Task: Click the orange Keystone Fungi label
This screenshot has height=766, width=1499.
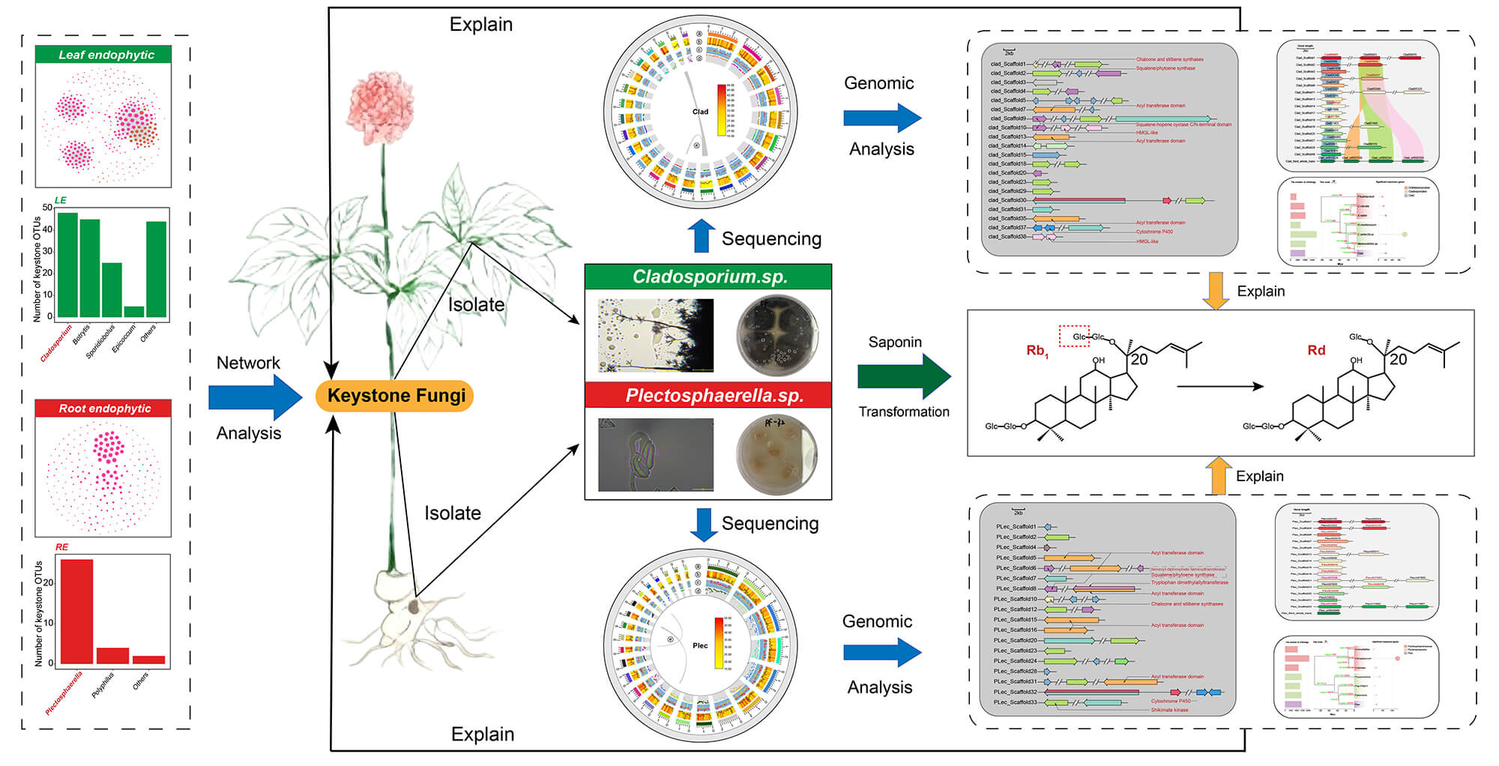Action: pos(395,396)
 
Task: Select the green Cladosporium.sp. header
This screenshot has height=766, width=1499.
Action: pos(708,277)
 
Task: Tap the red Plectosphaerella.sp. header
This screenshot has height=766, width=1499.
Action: pos(708,395)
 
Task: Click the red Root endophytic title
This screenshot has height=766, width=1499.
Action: pos(103,408)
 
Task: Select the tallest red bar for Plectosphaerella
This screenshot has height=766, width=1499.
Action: pos(76,611)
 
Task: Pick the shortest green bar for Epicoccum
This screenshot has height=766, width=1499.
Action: pos(134,311)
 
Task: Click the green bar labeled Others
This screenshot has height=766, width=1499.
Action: pos(157,269)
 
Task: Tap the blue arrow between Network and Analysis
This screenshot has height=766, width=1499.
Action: pos(253,397)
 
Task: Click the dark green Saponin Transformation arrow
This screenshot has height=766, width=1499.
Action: pos(902,376)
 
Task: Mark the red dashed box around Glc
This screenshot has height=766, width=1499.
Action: pos(1074,337)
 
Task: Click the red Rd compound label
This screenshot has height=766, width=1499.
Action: pos(1316,350)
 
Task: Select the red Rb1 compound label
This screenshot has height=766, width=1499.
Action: pos(1037,351)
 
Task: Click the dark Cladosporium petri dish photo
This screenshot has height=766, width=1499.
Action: pos(777,335)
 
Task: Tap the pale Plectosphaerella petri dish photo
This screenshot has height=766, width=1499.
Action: pos(777,455)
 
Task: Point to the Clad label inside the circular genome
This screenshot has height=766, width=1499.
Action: pos(700,112)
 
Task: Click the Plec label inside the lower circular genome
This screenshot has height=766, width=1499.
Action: pos(700,645)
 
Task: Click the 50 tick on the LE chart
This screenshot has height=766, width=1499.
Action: pos(48,208)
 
